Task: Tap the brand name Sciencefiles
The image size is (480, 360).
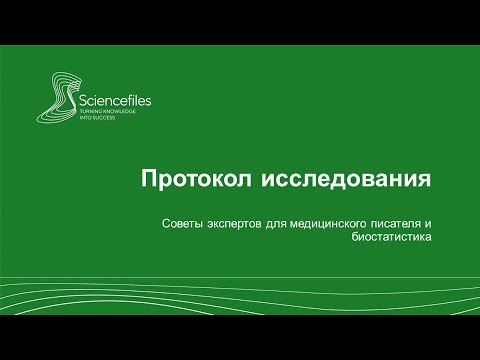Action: pyautogui.click(x=109, y=101)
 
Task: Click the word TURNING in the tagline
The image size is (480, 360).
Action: pyautogui.click(x=89, y=112)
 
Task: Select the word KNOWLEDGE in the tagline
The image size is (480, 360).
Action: pyautogui.click(x=118, y=112)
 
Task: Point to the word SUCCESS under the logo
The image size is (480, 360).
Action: pyautogui.click(x=102, y=118)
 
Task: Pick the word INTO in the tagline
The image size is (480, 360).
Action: pyautogui.click(x=84, y=118)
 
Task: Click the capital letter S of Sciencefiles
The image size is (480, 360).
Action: pyautogui.click(x=82, y=101)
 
